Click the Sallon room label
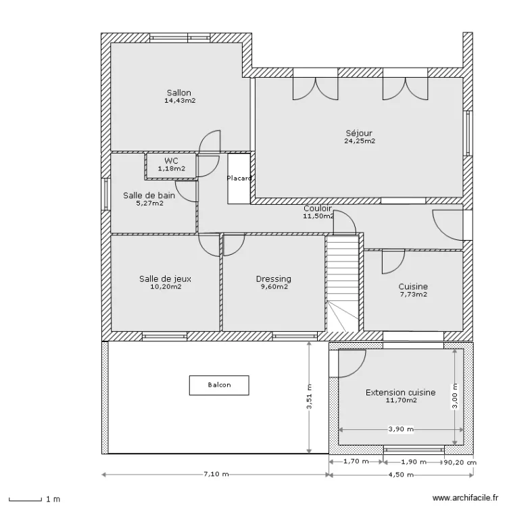[x=179, y=93]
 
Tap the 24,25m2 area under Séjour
[x=360, y=141]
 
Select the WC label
[x=170, y=160]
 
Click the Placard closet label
[x=239, y=178]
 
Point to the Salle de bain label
[x=149, y=195]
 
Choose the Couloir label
[x=317, y=209]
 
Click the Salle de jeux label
[x=166, y=279]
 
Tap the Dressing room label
[x=273, y=279]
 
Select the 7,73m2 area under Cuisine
[x=412, y=294]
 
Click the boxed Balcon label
[x=219, y=385]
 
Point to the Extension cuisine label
[x=400, y=392]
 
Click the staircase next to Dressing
[x=341, y=284]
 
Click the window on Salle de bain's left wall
[x=105, y=195]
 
